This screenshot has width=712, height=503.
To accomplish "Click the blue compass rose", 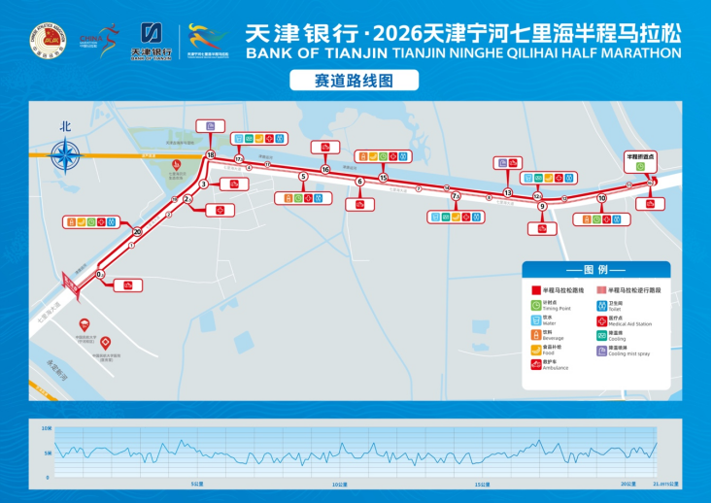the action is [x=66, y=154].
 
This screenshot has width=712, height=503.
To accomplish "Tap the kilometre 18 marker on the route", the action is [x=211, y=154].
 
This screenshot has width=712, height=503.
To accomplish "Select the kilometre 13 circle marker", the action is [x=507, y=192].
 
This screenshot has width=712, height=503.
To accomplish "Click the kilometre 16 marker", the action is [x=325, y=170].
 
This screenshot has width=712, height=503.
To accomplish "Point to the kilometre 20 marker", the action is [x=137, y=231].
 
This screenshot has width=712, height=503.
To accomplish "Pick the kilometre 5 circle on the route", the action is [x=303, y=177].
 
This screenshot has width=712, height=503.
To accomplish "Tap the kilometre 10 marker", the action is [x=602, y=198].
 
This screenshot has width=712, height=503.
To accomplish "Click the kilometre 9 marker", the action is [x=542, y=206].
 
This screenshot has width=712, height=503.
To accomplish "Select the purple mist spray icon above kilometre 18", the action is [x=211, y=125].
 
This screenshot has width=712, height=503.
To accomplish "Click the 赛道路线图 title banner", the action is [x=355, y=81].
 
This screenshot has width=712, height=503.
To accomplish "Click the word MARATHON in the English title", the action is [x=634, y=52].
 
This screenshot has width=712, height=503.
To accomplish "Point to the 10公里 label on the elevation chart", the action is [x=338, y=484].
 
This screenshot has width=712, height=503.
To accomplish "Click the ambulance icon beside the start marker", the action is [x=126, y=285].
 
